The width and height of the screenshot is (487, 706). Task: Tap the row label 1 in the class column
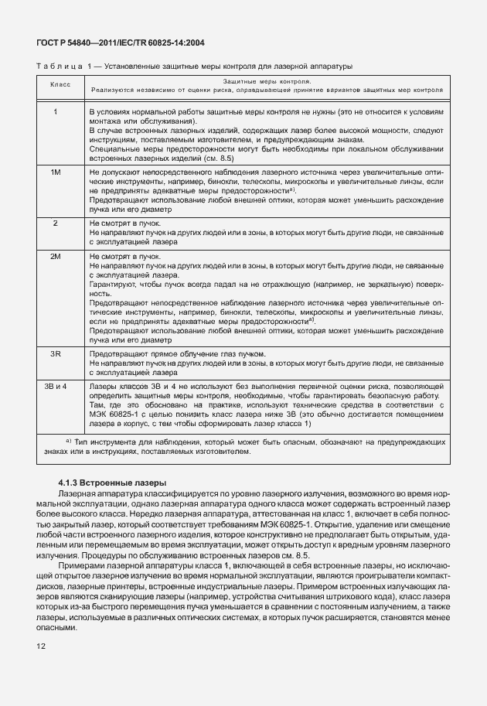[x=56, y=112]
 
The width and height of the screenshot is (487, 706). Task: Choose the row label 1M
[x=56, y=172]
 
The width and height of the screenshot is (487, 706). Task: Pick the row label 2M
[x=56, y=254]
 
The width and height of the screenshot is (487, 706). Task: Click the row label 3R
[x=56, y=353]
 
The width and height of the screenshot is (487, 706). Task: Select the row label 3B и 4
[x=56, y=384]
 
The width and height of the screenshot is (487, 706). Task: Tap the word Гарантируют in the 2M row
[x=114, y=285]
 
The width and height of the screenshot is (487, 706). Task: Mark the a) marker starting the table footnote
[x=69, y=441]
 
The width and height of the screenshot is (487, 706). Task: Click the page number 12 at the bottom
[x=41, y=646]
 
